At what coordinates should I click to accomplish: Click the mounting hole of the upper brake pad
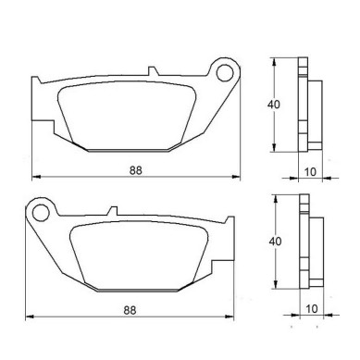point(225,73)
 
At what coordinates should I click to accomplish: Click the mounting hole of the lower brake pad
point(41,213)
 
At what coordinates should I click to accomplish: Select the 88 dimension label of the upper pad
point(136,170)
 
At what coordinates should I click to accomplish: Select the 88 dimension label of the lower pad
point(130,310)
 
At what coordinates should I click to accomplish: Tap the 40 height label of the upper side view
point(274,105)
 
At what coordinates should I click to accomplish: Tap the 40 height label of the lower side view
point(275,241)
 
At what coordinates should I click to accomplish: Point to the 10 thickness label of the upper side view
point(310,172)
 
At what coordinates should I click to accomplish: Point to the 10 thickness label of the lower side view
point(312,308)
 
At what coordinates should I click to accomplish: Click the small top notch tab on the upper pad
point(153,71)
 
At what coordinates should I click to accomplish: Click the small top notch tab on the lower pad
point(113,211)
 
